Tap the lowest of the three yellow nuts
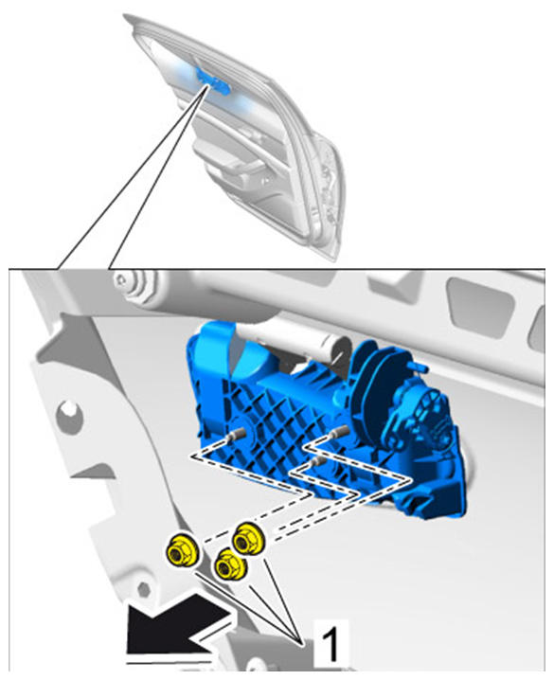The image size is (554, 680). [231, 564]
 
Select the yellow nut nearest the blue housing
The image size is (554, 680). [248, 539]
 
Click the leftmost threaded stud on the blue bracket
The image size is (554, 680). [237, 434]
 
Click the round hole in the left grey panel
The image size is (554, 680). [68, 409]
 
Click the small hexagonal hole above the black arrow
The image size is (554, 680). [144, 589]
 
